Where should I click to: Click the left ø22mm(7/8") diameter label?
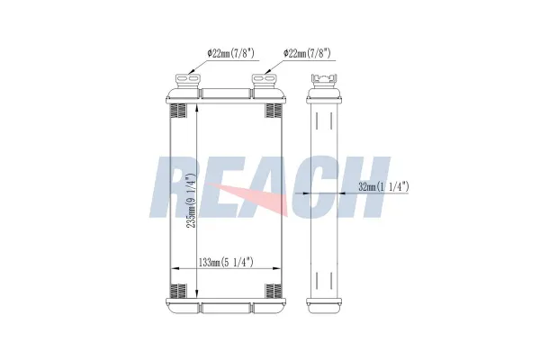(230, 53)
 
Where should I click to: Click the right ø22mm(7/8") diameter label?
(307, 53)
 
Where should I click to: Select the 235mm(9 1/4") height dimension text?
(191, 200)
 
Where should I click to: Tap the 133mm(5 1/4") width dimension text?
(226, 263)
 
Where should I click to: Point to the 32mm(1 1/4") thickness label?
(383, 187)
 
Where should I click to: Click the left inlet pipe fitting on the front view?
(188, 81)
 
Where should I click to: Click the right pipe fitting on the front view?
(265, 81)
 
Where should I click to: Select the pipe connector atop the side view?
(324, 81)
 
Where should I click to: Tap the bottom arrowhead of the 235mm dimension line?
(196, 293)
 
